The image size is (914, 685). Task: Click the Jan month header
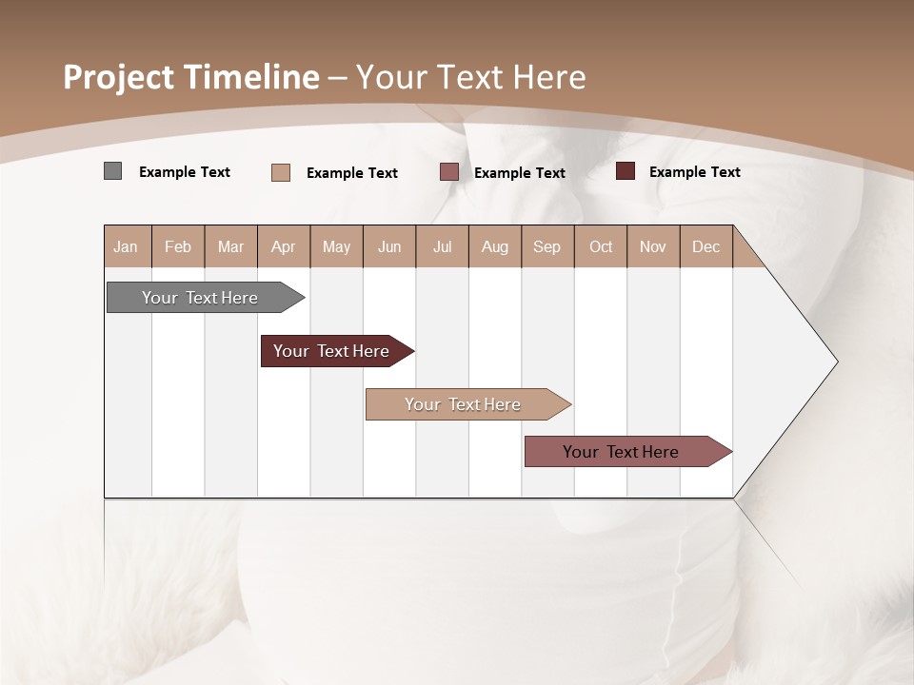tap(126, 246)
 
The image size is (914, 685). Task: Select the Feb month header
tap(178, 246)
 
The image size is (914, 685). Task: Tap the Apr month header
tap(283, 246)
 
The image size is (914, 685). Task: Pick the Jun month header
tap(389, 246)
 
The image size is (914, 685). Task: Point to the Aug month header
tap(494, 246)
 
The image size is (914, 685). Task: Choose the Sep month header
tap(546, 246)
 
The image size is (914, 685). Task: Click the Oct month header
tap(601, 246)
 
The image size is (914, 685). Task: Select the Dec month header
tap(705, 246)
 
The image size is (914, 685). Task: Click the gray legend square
tap(112, 171)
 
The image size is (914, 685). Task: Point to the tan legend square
tap(280, 172)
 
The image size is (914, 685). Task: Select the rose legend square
tap(449, 172)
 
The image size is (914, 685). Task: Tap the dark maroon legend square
tap(626, 171)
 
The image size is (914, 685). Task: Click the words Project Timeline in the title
tap(190, 77)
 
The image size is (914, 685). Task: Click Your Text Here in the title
tap(470, 77)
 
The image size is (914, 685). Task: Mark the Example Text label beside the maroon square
tap(694, 171)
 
